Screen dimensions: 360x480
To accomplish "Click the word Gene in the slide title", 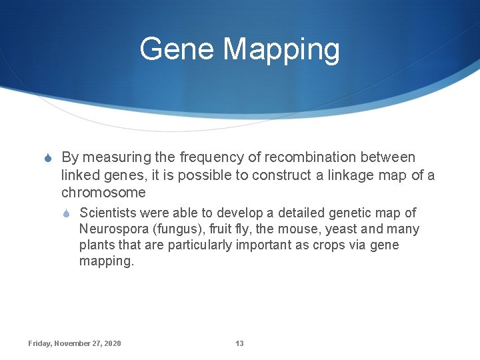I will click(x=177, y=49).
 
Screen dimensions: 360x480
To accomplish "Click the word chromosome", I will click(x=103, y=193).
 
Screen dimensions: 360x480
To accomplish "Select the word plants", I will click(x=97, y=245).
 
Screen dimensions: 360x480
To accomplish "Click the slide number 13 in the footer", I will click(x=239, y=343).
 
